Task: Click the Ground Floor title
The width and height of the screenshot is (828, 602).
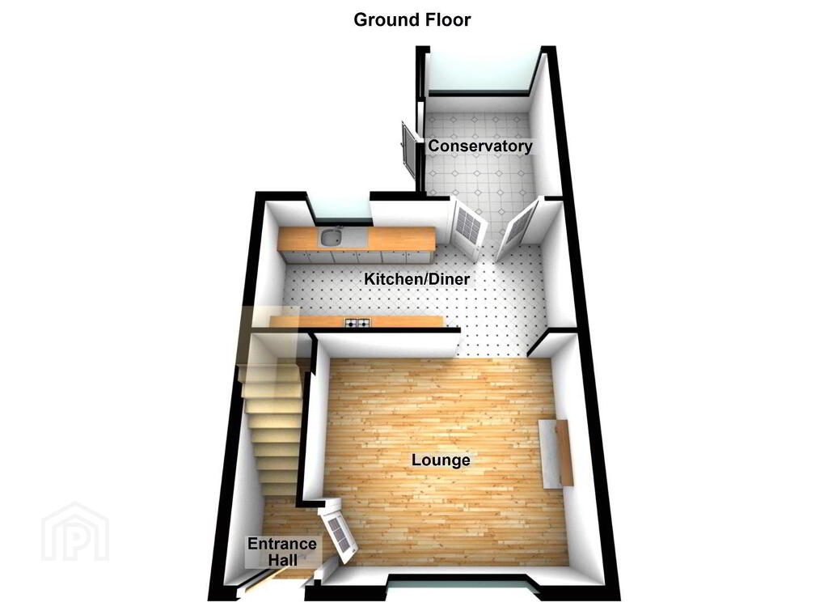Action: pyautogui.click(x=412, y=20)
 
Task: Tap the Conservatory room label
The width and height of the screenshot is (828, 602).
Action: pyautogui.click(x=480, y=146)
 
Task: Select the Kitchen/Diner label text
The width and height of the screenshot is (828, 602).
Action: pyautogui.click(x=417, y=279)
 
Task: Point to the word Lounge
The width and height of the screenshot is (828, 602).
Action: pyautogui.click(x=441, y=460)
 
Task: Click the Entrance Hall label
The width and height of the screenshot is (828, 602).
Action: pyautogui.click(x=282, y=552)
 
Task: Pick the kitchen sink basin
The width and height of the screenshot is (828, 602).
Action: pyautogui.click(x=330, y=237)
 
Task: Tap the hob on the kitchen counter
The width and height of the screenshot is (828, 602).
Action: pyautogui.click(x=358, y=324)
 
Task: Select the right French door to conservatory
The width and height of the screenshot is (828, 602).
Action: pyautogui.click(x=517, y=229)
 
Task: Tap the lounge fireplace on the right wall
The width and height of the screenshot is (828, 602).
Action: pyautogui.click(x=556, y=453)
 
